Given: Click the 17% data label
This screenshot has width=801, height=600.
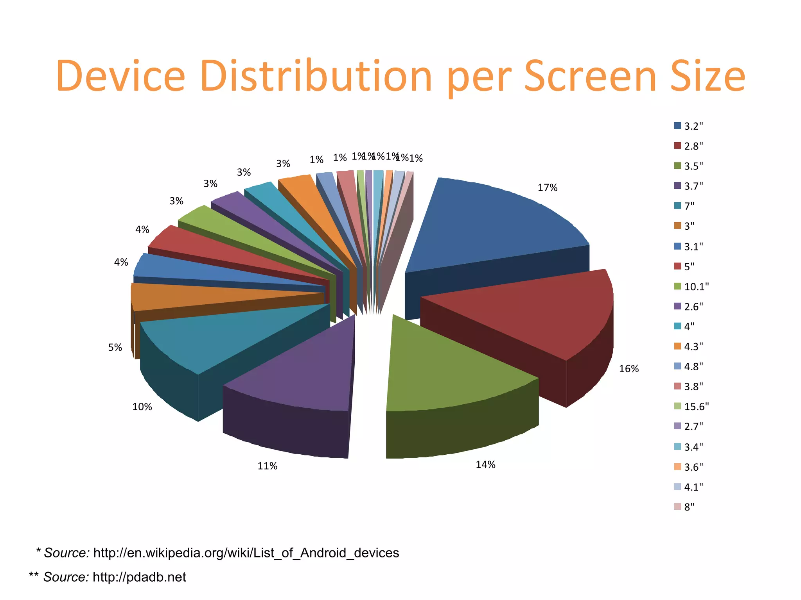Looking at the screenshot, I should [x=547, y=188].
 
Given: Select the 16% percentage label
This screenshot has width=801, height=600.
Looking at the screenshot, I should [x=629, y=369].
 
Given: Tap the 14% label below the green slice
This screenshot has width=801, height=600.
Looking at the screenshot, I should [x=485, y=464].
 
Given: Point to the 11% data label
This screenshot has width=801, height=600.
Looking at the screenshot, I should [x=268, y=466].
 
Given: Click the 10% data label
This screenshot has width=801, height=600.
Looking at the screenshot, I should [x=142, y=407].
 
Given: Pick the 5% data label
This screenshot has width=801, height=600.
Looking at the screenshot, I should [x=115, y=348].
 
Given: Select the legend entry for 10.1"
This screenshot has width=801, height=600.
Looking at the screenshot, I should [x=696, y=287].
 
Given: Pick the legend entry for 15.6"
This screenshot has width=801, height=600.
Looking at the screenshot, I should [x=696, y=407].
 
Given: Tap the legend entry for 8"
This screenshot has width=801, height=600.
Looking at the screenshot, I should [x=689, y=507].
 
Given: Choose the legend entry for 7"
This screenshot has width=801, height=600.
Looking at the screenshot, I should [x=689, y=206].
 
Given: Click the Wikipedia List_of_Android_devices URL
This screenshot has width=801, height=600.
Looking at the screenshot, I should [x=246, y=553].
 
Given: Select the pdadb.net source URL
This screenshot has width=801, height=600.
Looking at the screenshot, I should [x=139, y=577].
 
